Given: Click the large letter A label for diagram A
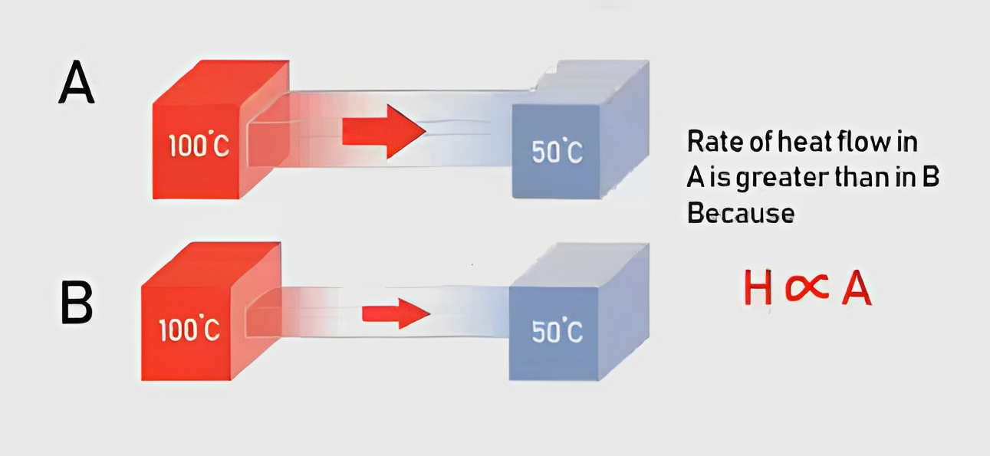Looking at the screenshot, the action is point(77,82).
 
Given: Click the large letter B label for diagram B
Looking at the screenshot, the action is point(77,303).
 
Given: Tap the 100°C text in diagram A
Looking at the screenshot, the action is point(199,145).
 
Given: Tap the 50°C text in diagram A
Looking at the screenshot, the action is point(557,152).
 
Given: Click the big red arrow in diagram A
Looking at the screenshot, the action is point(383,131).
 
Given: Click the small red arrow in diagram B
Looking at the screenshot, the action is point(396,313).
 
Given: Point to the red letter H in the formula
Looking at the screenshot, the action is point(758,287).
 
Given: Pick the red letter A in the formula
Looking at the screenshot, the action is point(857,287).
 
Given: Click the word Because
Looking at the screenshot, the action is point(741,213).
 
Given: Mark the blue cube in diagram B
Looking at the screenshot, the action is point(579,311).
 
